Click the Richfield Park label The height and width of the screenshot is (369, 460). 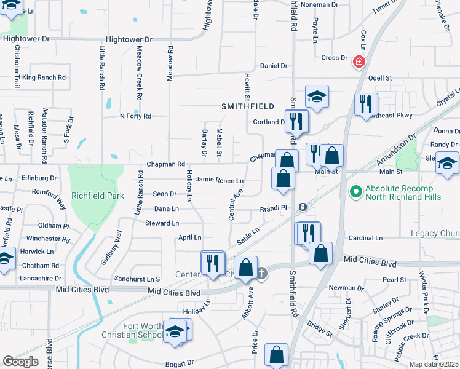pos(98,196)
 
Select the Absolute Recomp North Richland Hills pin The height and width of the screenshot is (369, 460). pos(355,192)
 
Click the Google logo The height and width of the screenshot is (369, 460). pos(20,362)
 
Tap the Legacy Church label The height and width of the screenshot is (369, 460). pos(435,234)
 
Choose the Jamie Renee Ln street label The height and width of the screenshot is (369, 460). pos(220,180)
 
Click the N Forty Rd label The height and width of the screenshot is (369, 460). pos(135,116)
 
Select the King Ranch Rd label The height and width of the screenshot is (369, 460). pos(44,77)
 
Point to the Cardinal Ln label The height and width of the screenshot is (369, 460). pos(365,237)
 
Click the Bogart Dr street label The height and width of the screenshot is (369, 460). pos(178,363)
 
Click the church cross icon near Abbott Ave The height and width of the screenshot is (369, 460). pos(261,273)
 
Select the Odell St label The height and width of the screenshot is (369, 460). pos(380,78)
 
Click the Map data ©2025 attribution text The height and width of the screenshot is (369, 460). pos(434,364)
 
